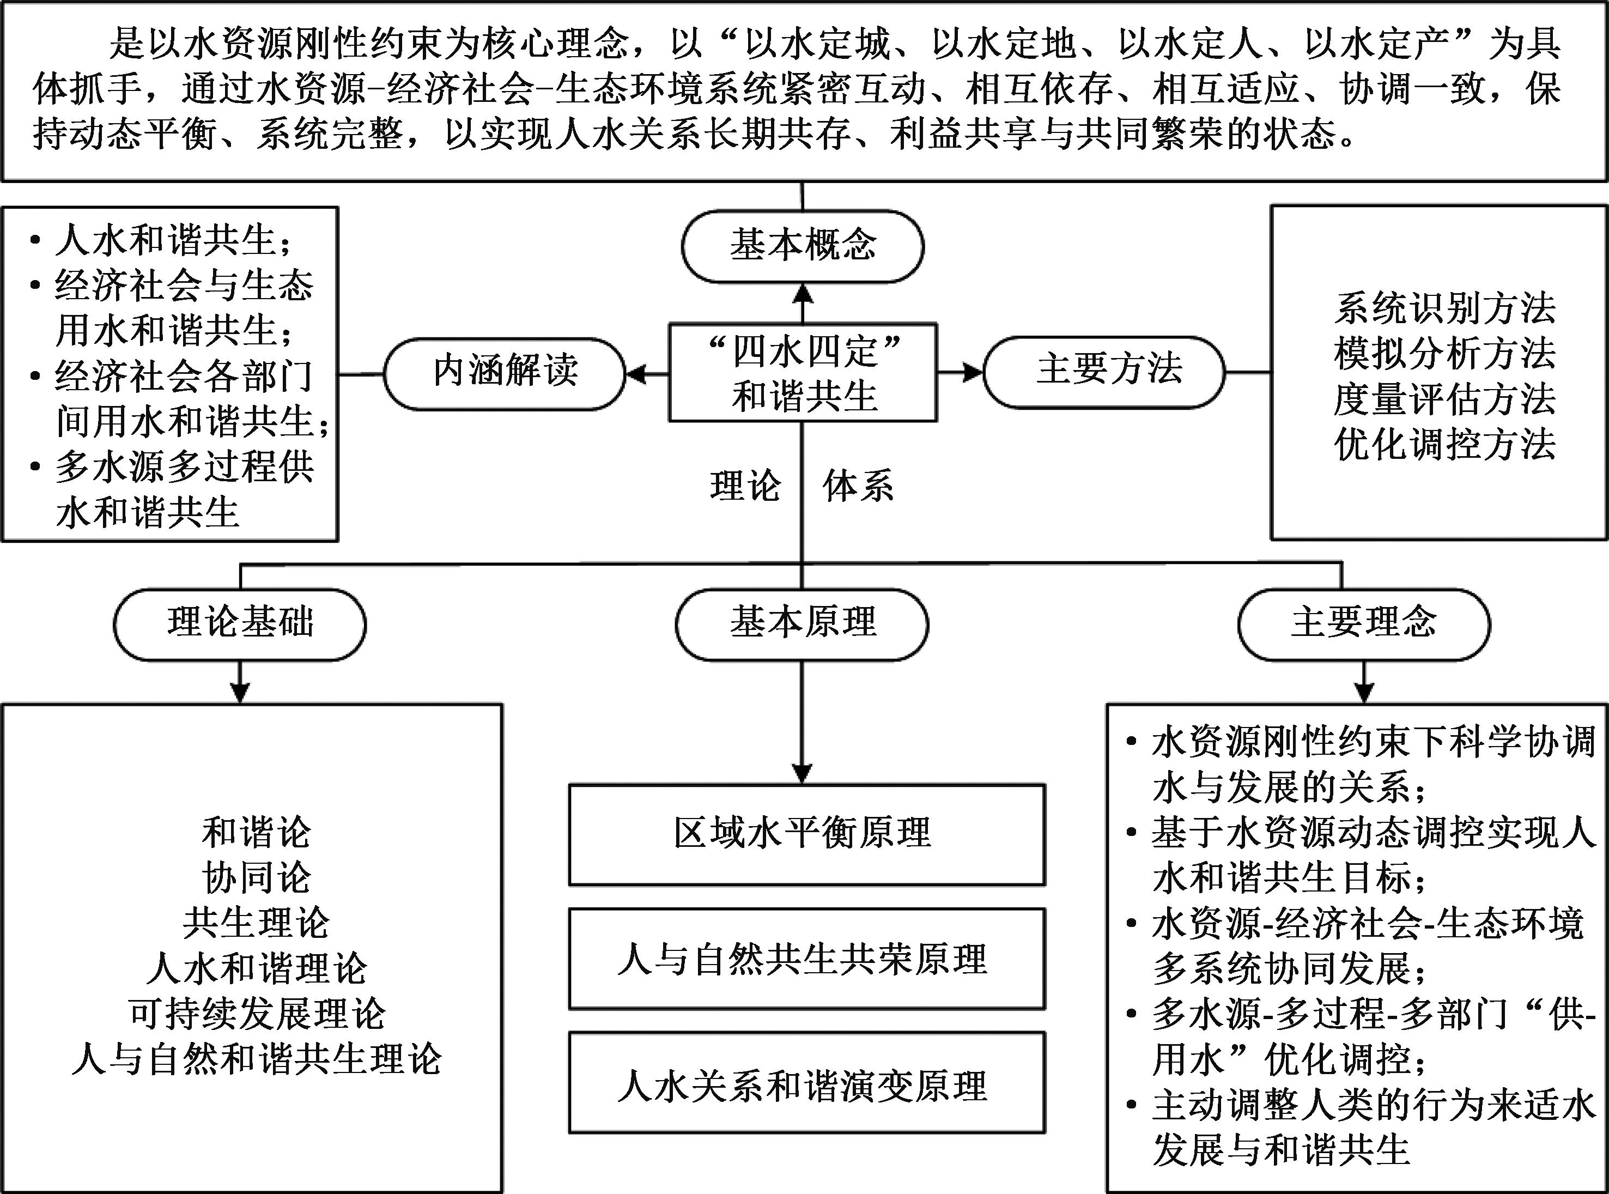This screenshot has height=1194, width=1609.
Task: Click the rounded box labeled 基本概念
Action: point(802,246)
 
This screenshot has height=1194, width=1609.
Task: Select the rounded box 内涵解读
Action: point(505,373)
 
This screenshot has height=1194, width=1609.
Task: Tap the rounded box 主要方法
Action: point(1104,372)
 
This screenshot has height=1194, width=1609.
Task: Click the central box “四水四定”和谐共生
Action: point(803,373)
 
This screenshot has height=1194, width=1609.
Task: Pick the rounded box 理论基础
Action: point(240,625)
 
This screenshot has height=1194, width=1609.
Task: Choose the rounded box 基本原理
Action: point(802,625)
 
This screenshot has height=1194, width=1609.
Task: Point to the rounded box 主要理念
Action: point(1363,625)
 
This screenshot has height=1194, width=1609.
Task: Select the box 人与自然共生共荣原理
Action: point(806,959)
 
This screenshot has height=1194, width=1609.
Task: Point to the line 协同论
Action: point(257,878)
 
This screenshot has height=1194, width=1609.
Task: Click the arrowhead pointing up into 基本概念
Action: point(802,293)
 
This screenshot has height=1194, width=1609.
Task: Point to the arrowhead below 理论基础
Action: point(240,693)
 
